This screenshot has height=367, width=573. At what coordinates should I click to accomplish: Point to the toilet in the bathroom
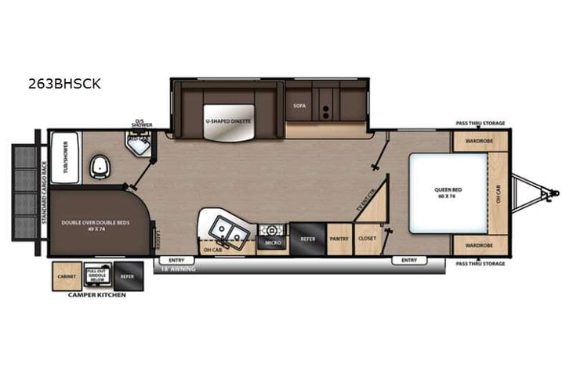point(100,165)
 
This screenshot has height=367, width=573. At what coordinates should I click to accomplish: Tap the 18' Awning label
point(176,268)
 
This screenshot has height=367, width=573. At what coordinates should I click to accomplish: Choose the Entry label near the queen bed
point(408,259)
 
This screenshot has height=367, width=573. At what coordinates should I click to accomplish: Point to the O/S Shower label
point(142,124)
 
